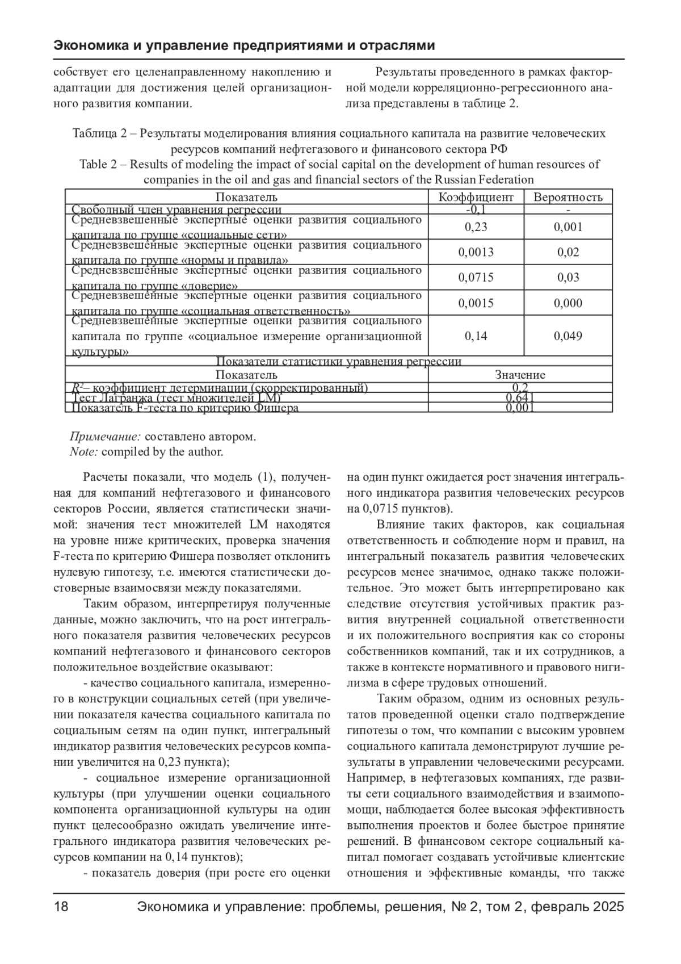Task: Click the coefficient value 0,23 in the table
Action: click(x=476, y=227)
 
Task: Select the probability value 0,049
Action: click(x=567, y=336)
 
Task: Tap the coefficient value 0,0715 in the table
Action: click(x=476, y=278)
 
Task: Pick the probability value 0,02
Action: click(x=567, y=252)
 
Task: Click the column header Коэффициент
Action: click(x=476, y=198)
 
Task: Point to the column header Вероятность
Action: click(x=567, y=198)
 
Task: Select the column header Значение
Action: click(x=520, y=375)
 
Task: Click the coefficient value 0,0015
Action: click(x=476, y=303)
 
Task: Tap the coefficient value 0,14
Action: click(x=476, y=336)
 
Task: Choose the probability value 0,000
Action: click(x=567, y=303)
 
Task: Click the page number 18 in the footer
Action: click(x=61, y=907)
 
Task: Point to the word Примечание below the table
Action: click(x=105, y=437)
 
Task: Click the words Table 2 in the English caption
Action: click(x=102, y=165)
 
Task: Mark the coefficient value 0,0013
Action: click(x=476, y=252)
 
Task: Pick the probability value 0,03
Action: click(x=567, y=278)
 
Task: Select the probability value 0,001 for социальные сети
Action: click(x=567, y=227)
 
